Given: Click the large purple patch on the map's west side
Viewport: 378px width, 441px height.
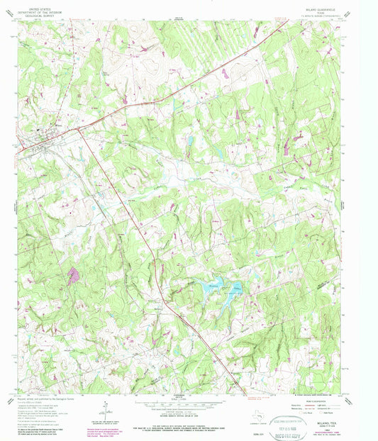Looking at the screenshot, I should [72, 274].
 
